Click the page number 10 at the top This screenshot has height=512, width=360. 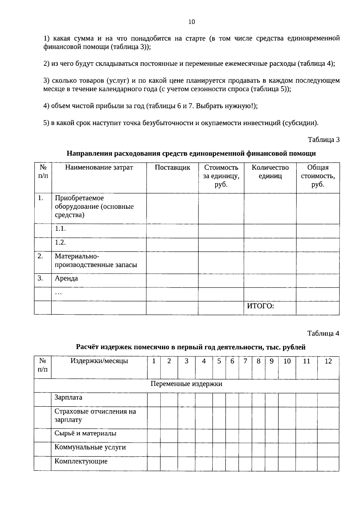coord(192,22)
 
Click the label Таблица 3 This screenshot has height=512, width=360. coord(323,140)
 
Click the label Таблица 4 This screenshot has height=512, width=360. coord(323,333)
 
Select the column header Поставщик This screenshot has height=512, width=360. coord(172,168)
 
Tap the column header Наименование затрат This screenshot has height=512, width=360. coord(99,168)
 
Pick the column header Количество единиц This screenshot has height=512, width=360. coord(270,172)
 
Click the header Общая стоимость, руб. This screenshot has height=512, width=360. coord(318,176)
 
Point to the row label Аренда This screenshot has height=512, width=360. coord(66,278)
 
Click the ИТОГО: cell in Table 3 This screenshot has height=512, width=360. coord(260,306)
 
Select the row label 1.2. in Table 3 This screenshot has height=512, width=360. coord(60,242)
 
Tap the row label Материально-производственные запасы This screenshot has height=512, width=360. coord(95,261)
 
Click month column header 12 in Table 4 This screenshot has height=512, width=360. coord(328,361)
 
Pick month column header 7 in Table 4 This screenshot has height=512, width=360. coord(245,361)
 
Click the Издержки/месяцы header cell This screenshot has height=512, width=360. coord(99,361)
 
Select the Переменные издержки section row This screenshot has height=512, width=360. coord(186,384)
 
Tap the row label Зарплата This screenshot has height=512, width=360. coord(68,398)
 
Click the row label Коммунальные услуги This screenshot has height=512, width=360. coord(90,447)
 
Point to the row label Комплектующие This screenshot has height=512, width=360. coord(81,461)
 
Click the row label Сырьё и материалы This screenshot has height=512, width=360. coord(85,434)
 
